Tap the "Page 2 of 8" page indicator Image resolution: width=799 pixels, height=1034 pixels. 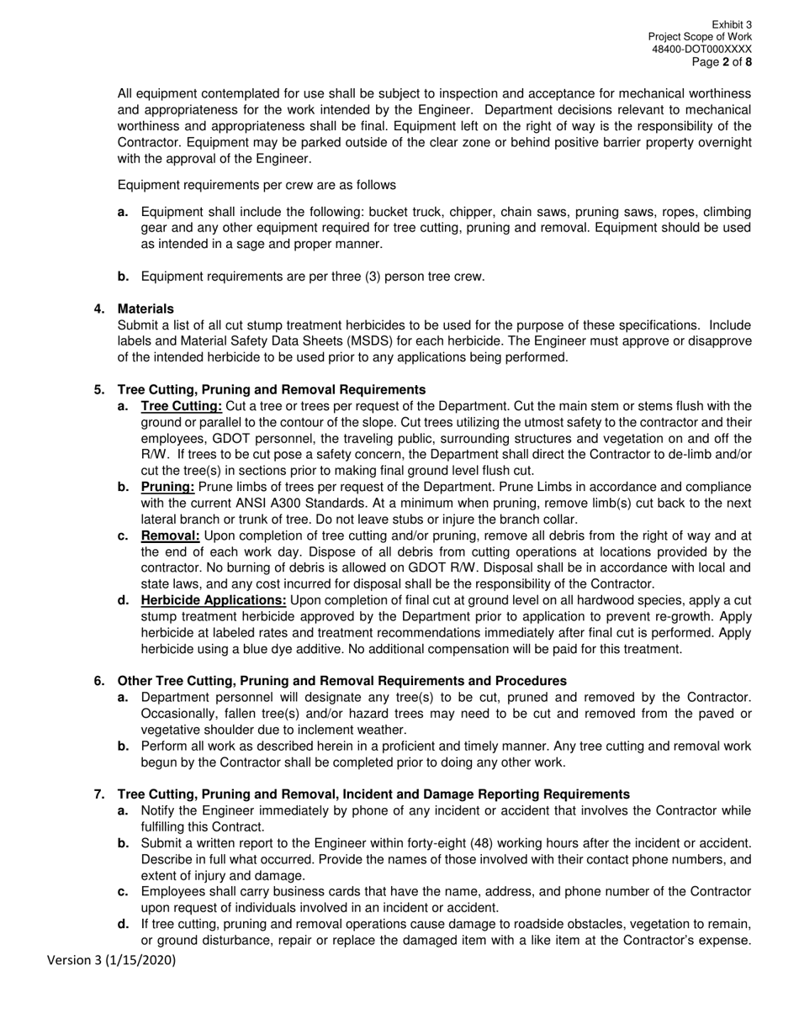[x=722, y=62]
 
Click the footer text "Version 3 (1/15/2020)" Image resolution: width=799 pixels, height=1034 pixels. [x=111, y=960]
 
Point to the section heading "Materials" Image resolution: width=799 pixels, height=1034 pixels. [x=146, y=309]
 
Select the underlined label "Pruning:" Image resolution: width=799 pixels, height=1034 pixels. [x=168, y=487]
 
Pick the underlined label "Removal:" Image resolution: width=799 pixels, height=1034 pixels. [x=171, y=535]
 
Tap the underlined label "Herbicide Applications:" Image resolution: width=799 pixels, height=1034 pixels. [x=214, y=600]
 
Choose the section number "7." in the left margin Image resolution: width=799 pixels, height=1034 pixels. [x=99, y=794]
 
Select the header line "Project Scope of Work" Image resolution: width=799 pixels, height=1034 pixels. [x=700, y=38]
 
